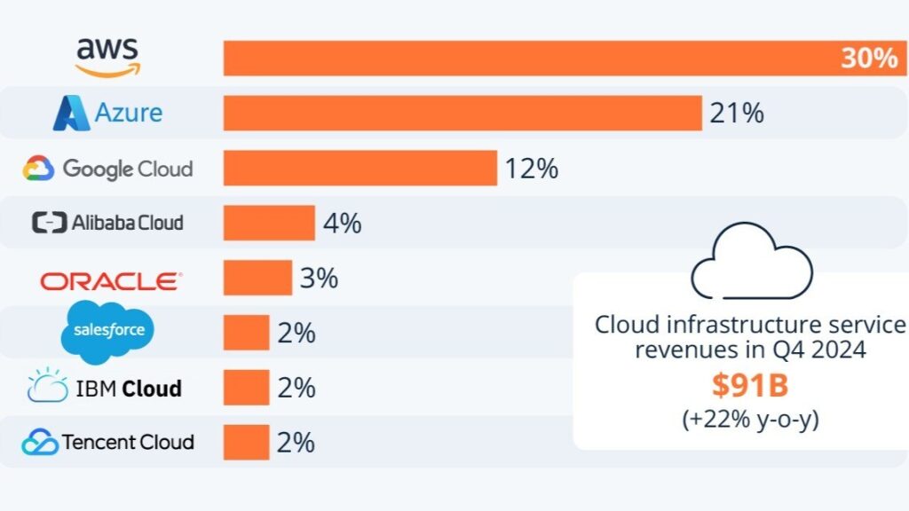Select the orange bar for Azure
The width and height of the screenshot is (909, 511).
(462, 114)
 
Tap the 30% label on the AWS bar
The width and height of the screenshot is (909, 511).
(869, 59)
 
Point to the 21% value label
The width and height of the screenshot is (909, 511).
(736, 114)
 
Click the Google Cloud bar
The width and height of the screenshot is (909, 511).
(360, 168)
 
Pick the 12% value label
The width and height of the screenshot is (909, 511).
(531, 169)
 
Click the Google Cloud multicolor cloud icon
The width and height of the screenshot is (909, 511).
(39, 168)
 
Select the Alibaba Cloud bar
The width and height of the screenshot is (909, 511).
(269, 223)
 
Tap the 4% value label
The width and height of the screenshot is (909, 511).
(342, 223)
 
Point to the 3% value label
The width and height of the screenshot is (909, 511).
(319, 278)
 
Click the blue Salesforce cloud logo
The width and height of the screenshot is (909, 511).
(108, 333)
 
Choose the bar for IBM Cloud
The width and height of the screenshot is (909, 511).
(246, 388)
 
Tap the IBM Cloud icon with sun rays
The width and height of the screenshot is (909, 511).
(47, 387)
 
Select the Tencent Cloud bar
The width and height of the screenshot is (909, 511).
(246, 442)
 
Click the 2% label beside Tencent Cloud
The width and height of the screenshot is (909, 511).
(296, 442)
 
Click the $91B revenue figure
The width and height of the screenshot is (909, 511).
(749, 385)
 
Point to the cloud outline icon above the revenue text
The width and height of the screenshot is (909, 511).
(751, 263)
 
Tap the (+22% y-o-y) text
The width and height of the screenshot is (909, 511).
(750, 419)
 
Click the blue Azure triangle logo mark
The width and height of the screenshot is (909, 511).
(71, 114)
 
